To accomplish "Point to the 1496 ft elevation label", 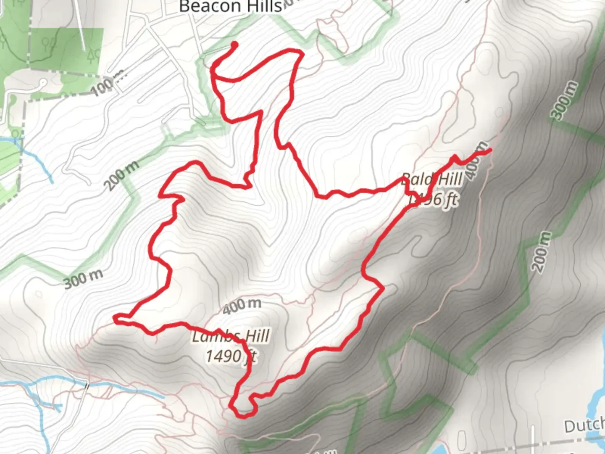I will [x=433, y=198].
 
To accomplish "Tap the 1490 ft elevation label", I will [x=231, y=356].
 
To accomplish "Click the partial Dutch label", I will [x=584, y=426].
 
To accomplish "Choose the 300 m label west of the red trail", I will [x=83, y=279].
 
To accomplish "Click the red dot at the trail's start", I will [x=234, y=45].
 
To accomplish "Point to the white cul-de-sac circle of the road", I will [x=43, y=83].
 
